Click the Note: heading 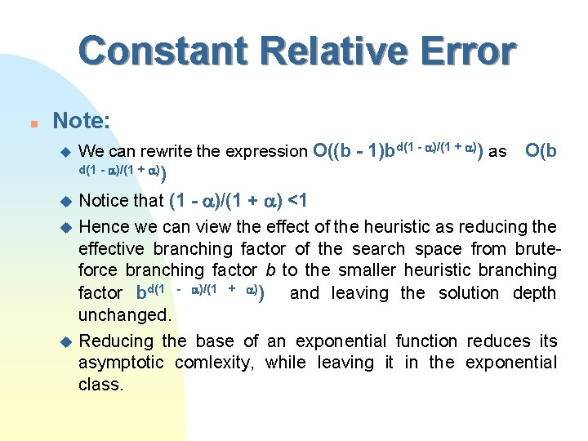coord(81,121)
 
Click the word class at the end coord(100,384)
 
